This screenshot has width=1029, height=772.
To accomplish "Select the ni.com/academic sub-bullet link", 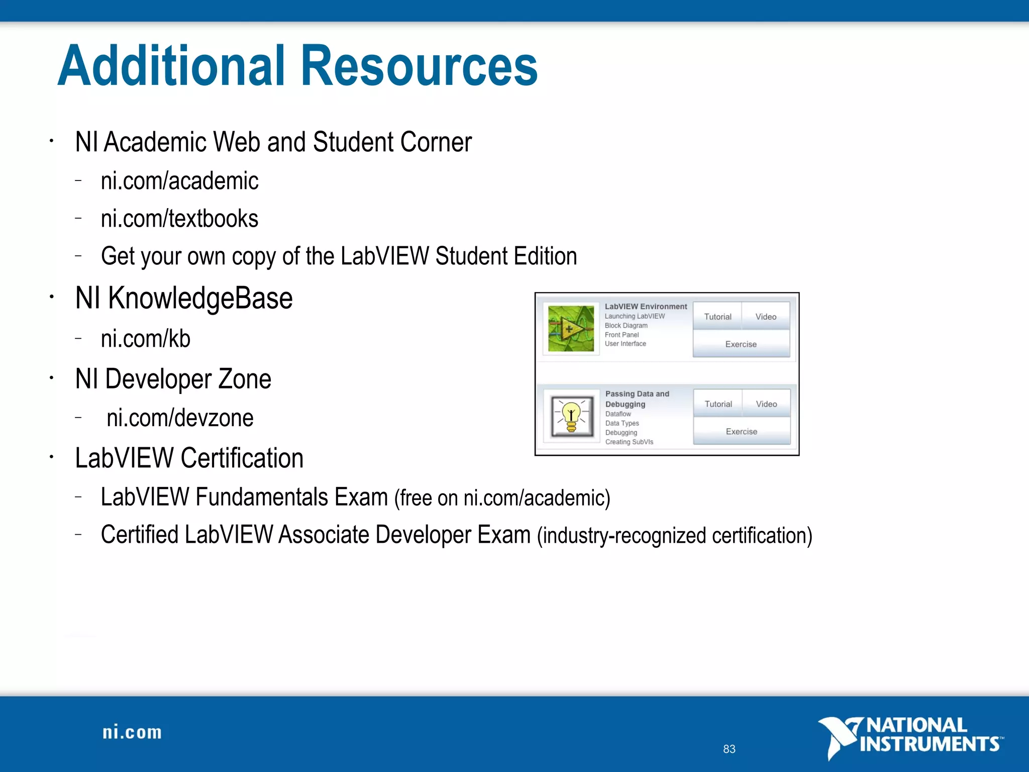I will coord(179,181).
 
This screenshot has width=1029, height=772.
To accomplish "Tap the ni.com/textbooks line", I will coord(179,219).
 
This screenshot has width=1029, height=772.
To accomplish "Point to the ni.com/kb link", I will coord(145,339).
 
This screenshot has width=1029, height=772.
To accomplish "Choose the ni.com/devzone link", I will coord(180,418).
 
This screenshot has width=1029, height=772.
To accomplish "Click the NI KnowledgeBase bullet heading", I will coord(184,298).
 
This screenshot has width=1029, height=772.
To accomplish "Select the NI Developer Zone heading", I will coord(173,379).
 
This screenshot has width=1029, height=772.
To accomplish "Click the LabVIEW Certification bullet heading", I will coord(189,458).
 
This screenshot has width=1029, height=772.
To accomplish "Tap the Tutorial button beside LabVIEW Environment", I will coord(717,317).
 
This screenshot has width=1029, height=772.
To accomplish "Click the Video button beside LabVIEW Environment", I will coord(766,317).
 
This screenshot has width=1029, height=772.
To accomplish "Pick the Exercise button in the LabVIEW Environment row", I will coord(741,344).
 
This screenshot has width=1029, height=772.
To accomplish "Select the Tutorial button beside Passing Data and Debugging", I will coord(718,404).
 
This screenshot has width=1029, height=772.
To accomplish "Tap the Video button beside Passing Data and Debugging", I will coord(766,404).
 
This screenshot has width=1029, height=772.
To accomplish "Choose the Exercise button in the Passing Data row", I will coord(742,432).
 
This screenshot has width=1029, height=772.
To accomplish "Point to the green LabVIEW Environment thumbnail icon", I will coord(571,329).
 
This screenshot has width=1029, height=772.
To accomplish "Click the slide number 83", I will coord(729,749).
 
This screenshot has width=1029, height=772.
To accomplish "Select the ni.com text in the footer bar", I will coord(132,732).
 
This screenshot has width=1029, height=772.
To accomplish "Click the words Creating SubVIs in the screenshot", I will coord(629,442).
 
